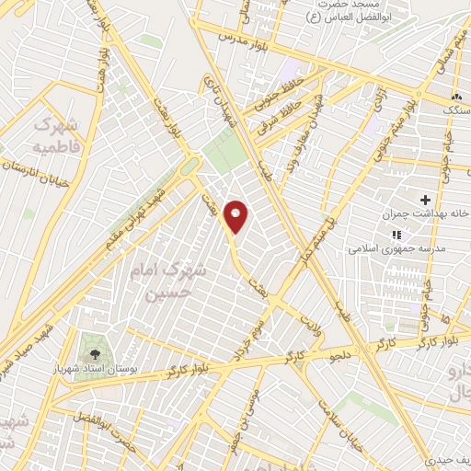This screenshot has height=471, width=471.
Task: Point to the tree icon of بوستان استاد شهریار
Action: coord(94,353)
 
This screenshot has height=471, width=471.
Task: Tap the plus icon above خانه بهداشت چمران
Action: coord(425,199)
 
